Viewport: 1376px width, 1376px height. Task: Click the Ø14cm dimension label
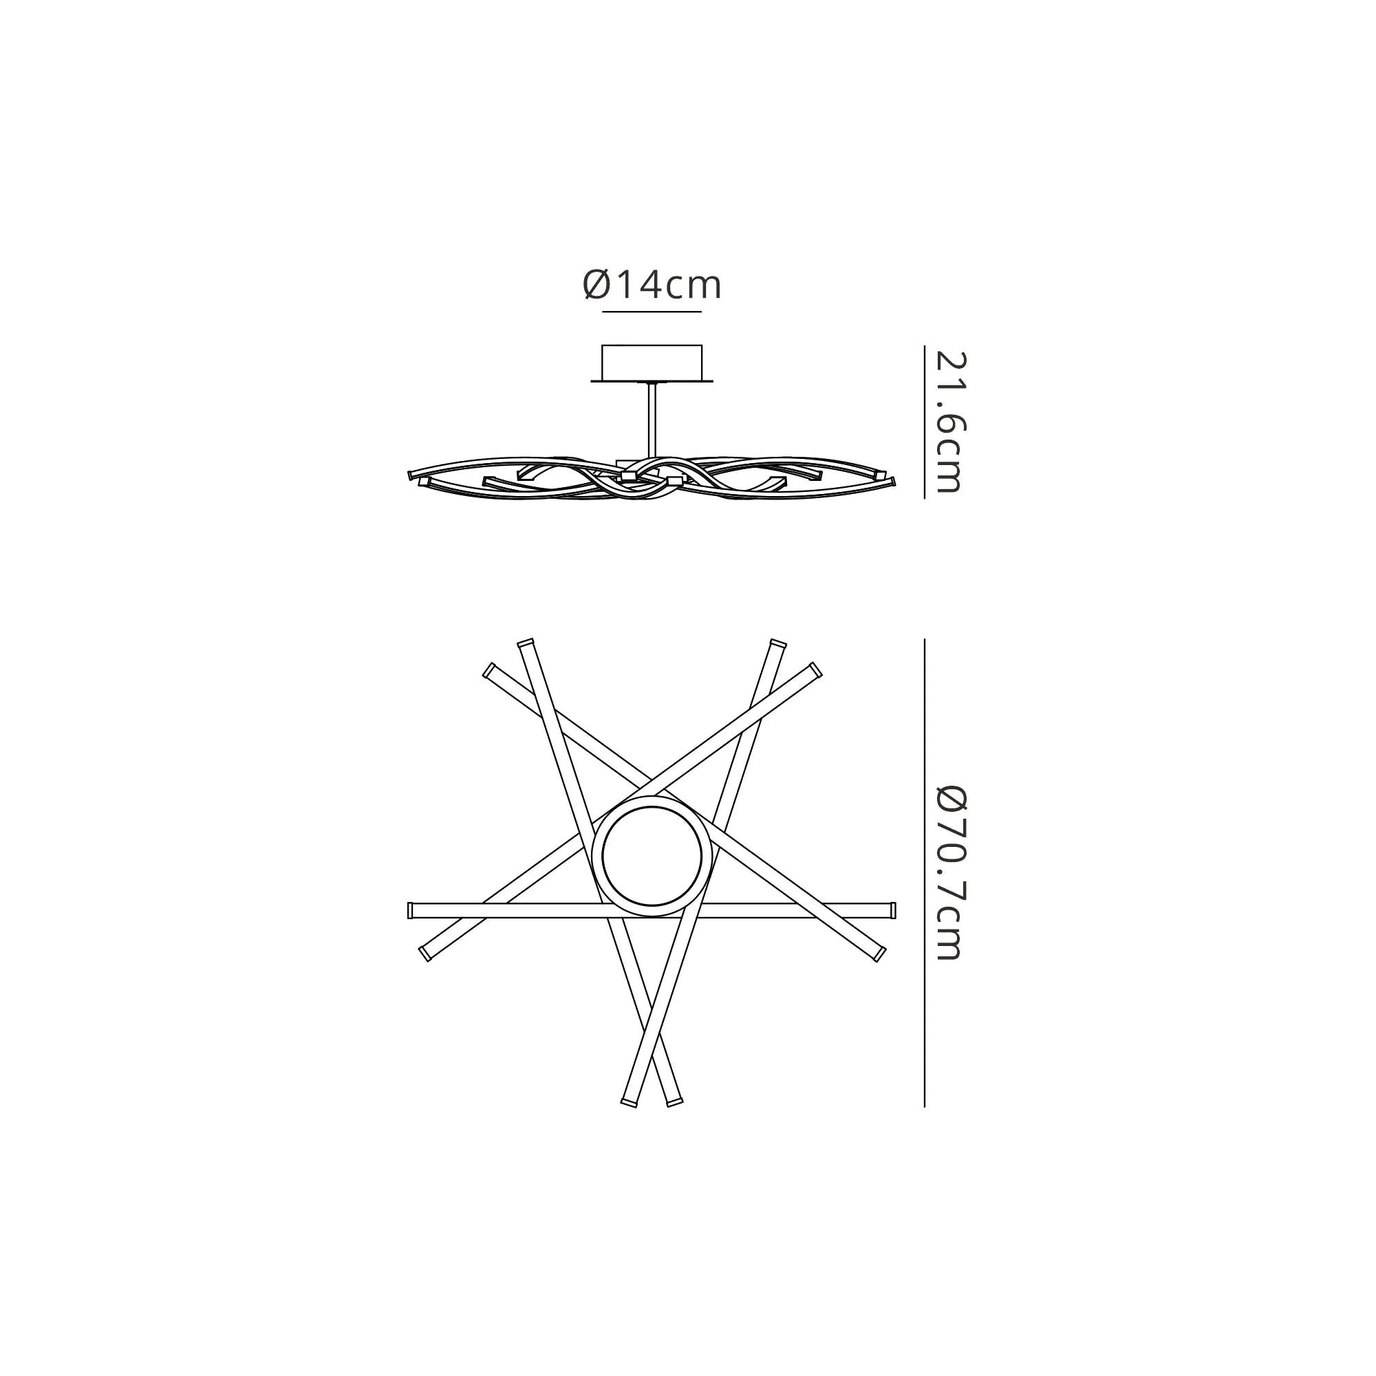pos(652,285)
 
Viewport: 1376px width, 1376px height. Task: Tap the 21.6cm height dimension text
pos(949,422)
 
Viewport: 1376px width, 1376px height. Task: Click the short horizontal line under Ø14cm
pos(652,312)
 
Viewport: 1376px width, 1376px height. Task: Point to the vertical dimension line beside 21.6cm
pos(924,422)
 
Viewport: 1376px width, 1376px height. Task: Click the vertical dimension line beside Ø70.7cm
pos(924,872)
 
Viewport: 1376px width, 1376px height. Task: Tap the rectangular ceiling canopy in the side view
pos(652,363)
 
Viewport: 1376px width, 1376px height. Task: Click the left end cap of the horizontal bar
pos(410,911)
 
